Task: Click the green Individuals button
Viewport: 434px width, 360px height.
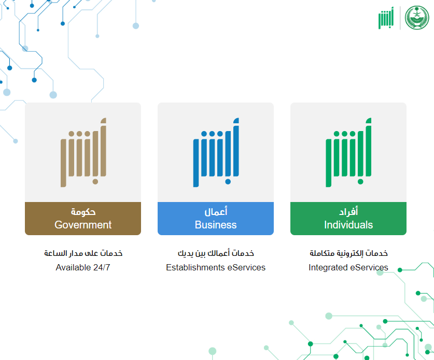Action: coord(348,219)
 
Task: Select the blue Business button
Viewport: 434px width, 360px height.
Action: coord(216,219)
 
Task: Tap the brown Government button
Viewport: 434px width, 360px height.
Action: coord(83,219)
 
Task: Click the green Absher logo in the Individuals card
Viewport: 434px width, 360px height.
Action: coord(348,152)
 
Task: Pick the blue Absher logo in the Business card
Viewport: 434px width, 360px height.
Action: coord(216,152)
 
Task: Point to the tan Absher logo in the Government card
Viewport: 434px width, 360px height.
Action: coord(83,152)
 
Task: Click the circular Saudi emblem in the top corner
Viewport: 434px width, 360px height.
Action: coord(417,18)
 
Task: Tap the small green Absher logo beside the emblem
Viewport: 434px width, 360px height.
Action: coord(386,18)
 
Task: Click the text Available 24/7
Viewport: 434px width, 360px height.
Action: coord(83,267)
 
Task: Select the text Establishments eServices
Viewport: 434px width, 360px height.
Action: coord(216,267)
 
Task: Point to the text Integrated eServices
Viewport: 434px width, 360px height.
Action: coord(348,267)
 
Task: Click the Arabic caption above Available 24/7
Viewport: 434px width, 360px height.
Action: coord(83,253)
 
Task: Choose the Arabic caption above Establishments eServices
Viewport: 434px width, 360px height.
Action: coord(216,253)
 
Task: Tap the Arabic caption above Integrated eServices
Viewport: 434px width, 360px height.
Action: coord(348,253)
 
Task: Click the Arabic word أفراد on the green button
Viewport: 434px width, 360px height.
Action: coord(348,211)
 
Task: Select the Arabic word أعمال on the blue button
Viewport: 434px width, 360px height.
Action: coord(216,211)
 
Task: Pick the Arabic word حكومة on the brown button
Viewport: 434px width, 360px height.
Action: coord(83,212)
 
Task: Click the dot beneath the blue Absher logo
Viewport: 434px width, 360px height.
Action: coord(228,182)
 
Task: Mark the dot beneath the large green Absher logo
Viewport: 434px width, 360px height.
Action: coord(360,182)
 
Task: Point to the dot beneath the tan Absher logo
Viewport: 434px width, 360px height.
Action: coord(95,182)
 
